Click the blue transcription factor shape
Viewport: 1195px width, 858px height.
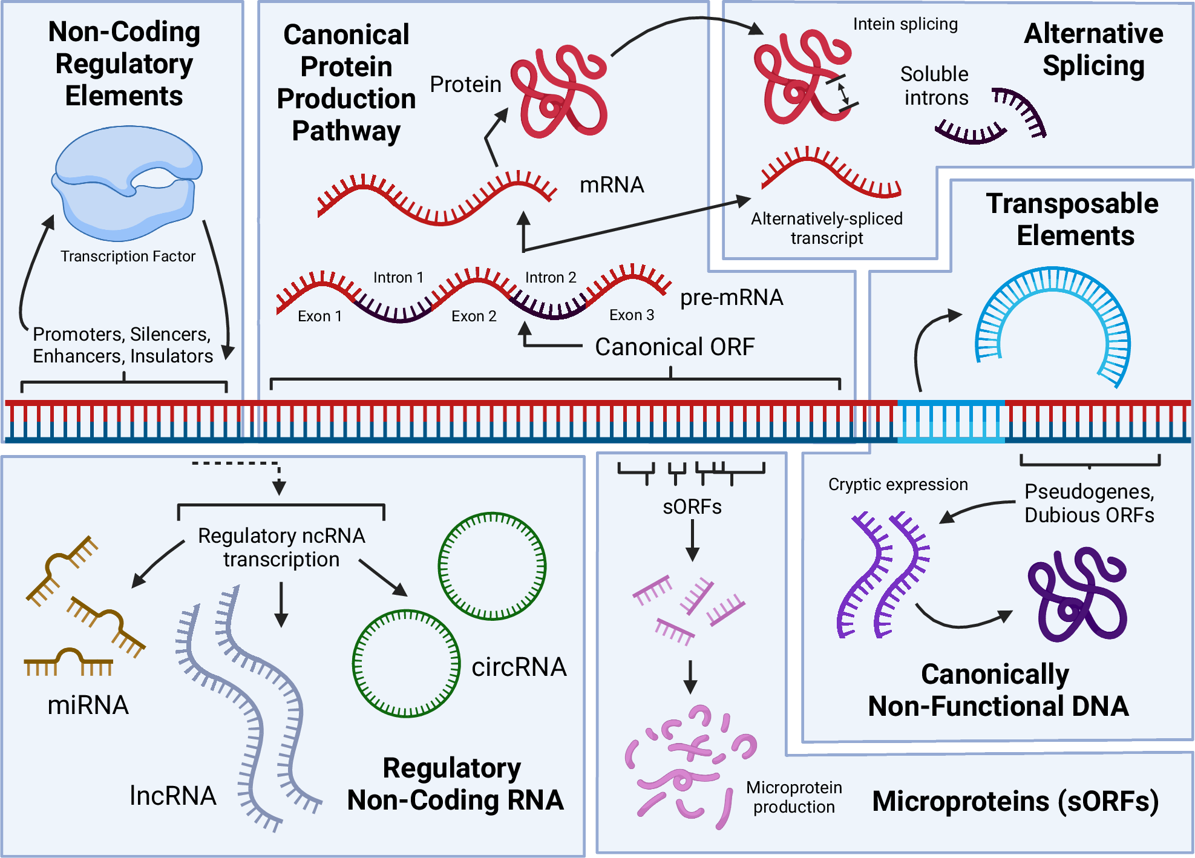[127, 182]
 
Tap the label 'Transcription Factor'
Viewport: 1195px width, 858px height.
[128, 257]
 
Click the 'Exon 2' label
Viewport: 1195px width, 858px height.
[474, 316]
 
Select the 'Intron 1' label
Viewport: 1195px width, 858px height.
[398, 277]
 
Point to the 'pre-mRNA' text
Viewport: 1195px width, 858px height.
[732, 297]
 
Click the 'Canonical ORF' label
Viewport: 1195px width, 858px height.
[675, 347]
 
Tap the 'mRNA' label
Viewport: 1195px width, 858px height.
[612, 185]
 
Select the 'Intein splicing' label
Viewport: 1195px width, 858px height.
[905, 24]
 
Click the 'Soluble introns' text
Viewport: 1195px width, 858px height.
[935, 86]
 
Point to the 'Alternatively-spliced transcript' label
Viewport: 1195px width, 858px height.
[827, 228]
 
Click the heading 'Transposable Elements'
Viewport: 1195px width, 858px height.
[1073, 219]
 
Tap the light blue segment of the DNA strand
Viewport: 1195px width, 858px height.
[951, 421]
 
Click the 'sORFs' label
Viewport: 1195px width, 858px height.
[692, 506]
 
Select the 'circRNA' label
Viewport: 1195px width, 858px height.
[519, 667]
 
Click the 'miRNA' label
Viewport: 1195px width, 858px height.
[88, 705]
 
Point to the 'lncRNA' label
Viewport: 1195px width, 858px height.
[173, 796]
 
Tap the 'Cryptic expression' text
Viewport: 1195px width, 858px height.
[898, 484]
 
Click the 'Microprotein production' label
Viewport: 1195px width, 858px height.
[794, 797]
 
